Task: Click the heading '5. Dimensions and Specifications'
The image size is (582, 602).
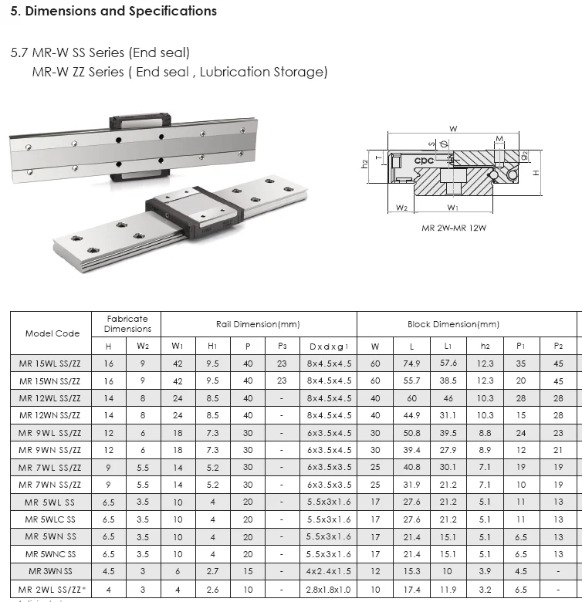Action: (x=113, y=12)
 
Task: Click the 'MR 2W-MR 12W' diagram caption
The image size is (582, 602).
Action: (x=453, y=228)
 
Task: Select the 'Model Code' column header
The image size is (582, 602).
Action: (x=52, y=333)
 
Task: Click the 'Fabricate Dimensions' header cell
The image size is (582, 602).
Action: (x=127, y=323)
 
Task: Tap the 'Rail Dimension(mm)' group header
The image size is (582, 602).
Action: (x=258, y=324)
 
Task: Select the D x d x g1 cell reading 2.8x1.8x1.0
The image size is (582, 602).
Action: (x=329, y=590)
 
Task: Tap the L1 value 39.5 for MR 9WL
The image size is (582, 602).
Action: (x=448, y=433)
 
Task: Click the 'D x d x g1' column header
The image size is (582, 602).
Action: (x=329, y=347)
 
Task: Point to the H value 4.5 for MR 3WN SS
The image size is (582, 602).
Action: (x=109, y=572)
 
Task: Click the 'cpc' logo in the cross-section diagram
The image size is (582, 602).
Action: (x=425, y=161)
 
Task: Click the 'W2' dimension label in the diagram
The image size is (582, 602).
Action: (x=401, y=208)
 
